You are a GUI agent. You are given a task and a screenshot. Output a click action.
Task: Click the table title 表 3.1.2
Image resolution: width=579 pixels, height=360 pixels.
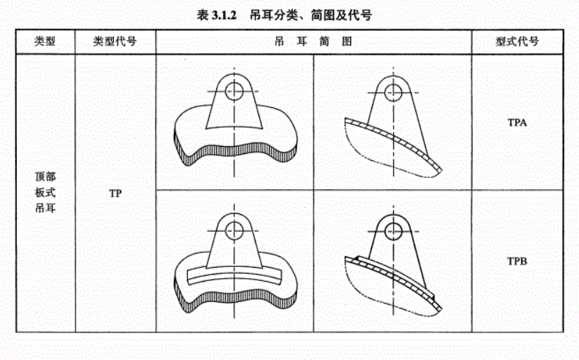click(216, 15)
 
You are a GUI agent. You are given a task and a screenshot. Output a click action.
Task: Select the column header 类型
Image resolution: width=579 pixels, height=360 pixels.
click(45, 41)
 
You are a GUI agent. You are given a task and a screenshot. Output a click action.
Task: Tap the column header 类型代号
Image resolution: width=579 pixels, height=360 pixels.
click(115, 41)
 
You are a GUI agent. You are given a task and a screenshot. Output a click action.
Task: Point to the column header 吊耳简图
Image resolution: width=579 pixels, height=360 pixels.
click(313, 41)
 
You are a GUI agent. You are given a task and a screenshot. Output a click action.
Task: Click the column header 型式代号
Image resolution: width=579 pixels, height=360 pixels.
click(517, 41)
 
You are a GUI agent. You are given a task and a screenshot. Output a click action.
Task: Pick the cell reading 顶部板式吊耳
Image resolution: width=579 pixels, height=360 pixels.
click(45, 192)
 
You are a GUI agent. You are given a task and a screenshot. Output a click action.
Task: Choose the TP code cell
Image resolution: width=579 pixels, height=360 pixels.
click(115, 193)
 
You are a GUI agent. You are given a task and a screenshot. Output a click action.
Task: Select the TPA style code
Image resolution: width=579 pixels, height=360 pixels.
click(517, 122)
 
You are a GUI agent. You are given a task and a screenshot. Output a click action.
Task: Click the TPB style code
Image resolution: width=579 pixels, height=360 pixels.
click(517, 261)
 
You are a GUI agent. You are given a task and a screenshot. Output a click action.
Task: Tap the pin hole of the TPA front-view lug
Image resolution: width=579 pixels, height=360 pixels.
click(234, 91)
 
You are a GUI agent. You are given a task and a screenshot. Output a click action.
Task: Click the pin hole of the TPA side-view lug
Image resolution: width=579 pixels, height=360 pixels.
click(393, 92)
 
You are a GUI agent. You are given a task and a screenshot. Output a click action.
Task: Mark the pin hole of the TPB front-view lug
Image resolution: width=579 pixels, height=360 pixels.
click(234, 231)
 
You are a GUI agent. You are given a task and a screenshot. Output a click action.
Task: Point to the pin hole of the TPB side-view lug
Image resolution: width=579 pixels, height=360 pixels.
click(393, 232)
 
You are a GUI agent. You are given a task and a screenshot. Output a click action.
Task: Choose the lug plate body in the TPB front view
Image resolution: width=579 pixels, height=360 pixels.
click(234, 247)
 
